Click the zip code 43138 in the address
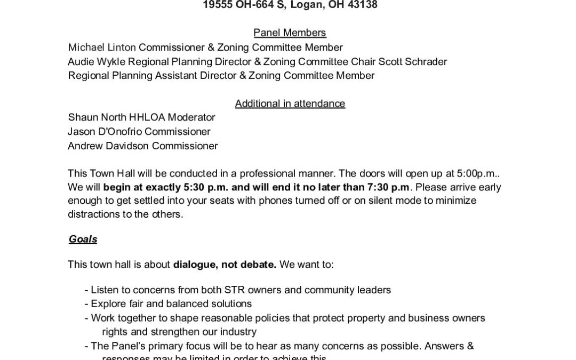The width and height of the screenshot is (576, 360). [360, 6]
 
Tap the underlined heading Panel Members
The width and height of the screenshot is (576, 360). [290, 34]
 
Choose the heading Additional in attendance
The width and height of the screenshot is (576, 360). [290, 103]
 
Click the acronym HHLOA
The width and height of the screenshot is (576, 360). [148, 117]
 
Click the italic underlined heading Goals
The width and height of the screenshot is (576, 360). [83, 239]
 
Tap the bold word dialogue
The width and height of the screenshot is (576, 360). [196, 265]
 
